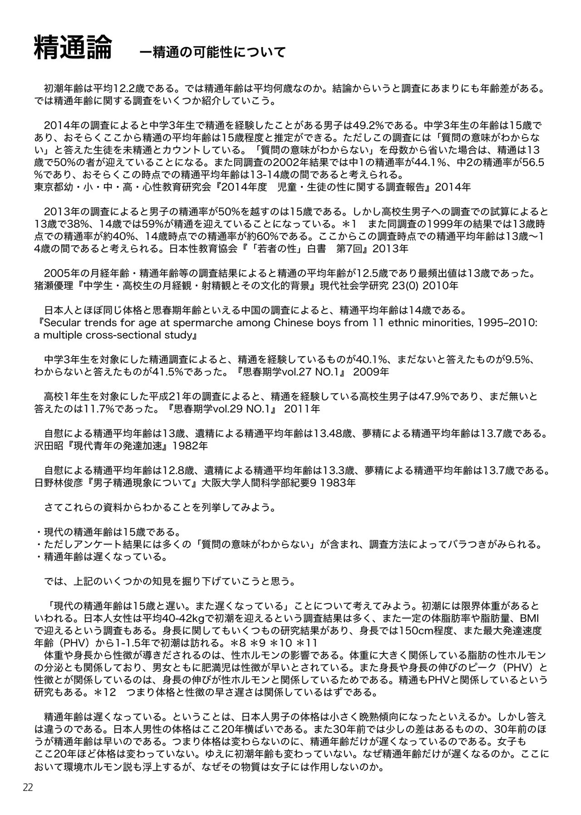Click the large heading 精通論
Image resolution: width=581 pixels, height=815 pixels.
click(x=73, y=49)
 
